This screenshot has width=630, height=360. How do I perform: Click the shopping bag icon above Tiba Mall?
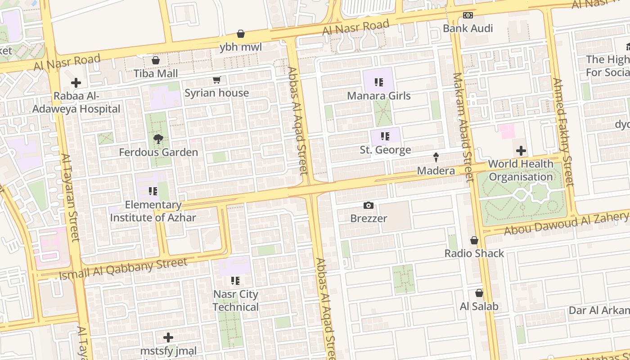coord(156,60)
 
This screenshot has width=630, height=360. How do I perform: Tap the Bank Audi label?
coord(468,28)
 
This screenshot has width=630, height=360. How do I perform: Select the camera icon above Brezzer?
coord(369,206)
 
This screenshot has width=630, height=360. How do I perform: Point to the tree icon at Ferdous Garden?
coord(158,139)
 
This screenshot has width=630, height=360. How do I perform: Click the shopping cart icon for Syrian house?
coord(217,80)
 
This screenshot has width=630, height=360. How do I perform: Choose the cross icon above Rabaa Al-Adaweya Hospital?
coord(76,83)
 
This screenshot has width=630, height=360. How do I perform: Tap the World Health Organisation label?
coord(521,171)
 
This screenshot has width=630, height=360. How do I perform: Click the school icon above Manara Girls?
coord(379,82)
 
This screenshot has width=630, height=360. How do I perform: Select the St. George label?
coord(385,150)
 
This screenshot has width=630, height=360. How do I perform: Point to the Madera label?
coord(436,171)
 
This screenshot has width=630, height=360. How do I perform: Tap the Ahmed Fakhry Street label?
coord(563,132)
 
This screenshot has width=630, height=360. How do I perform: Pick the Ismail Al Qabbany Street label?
coord(123,268)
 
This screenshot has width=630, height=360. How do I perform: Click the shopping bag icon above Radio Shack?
coord(474,240)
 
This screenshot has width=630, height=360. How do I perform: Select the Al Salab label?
coord(479,306)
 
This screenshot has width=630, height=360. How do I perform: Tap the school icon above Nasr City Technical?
coord(235,281)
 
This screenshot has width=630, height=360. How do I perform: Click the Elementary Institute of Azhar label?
coord(153,211)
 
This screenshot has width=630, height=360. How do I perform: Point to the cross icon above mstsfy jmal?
coord(168,337)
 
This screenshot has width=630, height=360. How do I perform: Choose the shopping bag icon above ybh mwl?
coord(241,34)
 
